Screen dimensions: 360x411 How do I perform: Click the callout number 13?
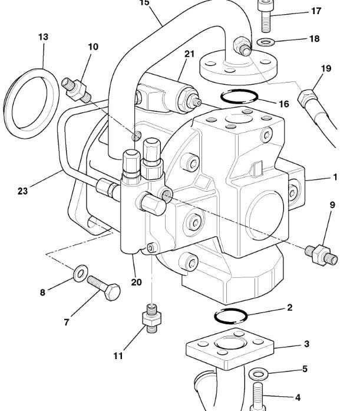tap(43, 37)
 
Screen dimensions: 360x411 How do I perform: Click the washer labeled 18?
tap(266, 42)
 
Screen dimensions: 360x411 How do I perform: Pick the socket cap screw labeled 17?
tap(266, 16)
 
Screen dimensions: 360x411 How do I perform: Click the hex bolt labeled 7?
tap(104, 288)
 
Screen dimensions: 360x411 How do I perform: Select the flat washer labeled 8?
tap(80, 274)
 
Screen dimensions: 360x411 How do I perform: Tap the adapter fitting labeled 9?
tap(321, 255)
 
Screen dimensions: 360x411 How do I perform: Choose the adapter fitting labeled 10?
tap(76, 90)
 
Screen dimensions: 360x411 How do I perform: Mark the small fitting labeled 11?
tap(151, 318)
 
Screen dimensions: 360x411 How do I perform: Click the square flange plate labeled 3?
tap(230, 348)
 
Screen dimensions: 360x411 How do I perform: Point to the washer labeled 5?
tap(259, 374)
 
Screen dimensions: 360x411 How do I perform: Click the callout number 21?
tap(189, 54)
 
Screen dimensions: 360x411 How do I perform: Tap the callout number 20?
tap(136, 282)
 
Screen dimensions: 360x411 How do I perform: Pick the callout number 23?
tap(22, 191)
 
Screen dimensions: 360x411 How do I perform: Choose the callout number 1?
tap(335, 177)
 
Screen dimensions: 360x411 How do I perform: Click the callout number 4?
tap(298, 397)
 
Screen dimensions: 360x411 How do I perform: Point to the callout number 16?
tap(284, 104)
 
